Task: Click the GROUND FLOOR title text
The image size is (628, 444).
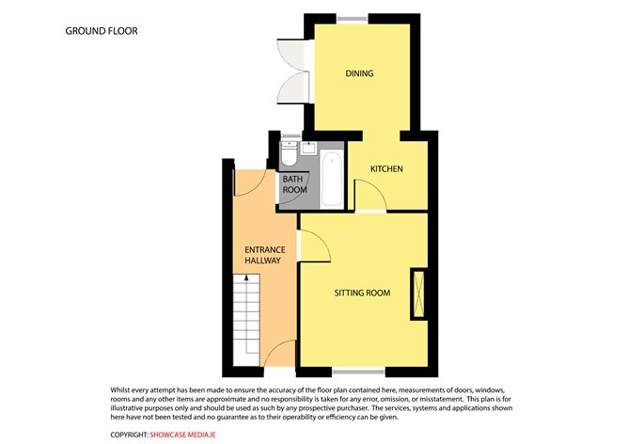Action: pyautogui.click(x=102, y=31)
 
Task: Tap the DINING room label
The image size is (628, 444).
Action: pyautogui.click(x=359, y=73)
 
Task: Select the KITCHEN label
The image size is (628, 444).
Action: pyautogui.click(x=386, y=168)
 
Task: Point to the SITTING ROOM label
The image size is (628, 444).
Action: pyautogui.click(x=362, y=293)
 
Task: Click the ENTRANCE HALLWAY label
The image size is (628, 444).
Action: pyautogui.click(x=265, y=255)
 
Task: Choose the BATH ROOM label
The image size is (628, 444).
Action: pyautogui.click(x=295, y=184)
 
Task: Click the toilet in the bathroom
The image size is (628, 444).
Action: pyautogui.click(x=289, y=153)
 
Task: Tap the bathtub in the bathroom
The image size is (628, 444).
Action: pyautogui.click(x=332, y=179)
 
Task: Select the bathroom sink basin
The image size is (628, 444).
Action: pyautogui.click(x=308, y=148)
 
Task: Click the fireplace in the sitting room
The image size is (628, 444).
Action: pyautogui.click(x=418, y=293)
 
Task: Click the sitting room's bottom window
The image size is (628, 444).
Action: pyautogui.click(x=358, y=373)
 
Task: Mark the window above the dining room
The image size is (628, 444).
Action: pyautogui.click(x=352, y=18)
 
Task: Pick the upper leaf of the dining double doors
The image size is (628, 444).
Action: pyautogui.click(x=291, y=55)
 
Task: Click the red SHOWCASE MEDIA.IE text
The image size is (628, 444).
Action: pyautogui.click(x=183, y=435)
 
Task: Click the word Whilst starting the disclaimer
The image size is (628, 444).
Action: pyautogui.click(x=119, y=389)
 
